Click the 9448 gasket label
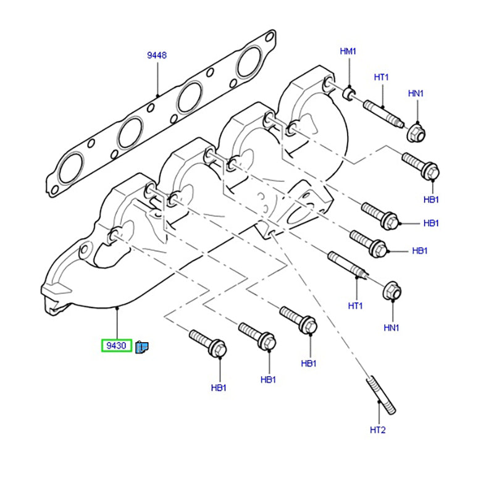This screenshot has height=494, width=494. [x=156, y=56]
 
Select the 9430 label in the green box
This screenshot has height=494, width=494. [x=116, y=346]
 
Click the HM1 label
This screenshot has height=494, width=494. [x=348, y=51]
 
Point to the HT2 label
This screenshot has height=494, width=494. [x=377, y=430]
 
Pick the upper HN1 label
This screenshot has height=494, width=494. [x=416, y=93]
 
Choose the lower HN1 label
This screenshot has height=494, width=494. [x=391, y=327]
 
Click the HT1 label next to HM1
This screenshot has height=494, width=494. [x=381, y=77]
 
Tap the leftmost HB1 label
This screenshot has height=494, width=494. [x=219, y=388]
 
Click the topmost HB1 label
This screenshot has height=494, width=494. [x=431, y=199]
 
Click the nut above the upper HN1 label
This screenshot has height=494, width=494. [x=417, y=131]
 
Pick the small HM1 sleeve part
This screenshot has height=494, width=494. [x=349, y=93]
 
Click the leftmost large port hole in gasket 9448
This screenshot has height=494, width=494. [x=69, y=167]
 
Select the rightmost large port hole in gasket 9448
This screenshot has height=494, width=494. [x=250, y=61]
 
